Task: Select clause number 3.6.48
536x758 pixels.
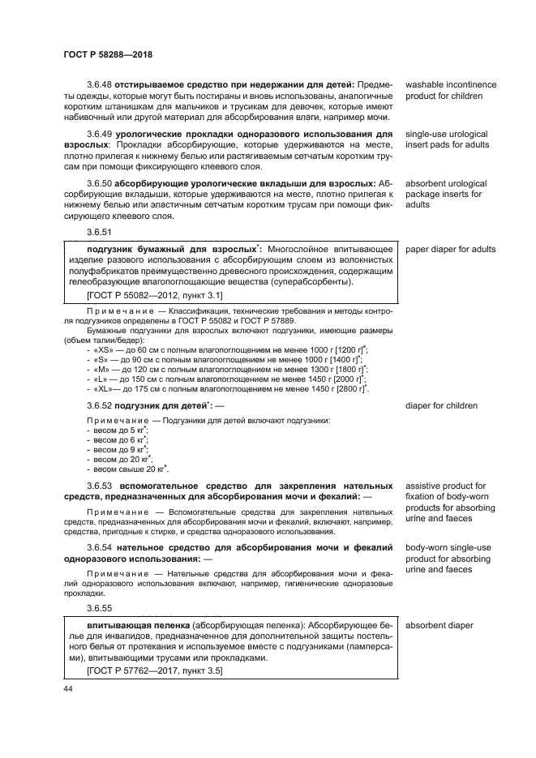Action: coord(100,85)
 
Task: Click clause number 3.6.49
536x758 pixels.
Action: coord(100,133)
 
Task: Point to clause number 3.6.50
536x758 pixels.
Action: coord(100,184)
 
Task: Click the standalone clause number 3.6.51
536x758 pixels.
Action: coord(100,232)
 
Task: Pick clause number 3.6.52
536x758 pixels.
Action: coord(100,405)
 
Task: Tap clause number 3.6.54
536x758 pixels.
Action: coord(100,548)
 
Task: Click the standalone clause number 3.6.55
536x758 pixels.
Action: coord(100,607)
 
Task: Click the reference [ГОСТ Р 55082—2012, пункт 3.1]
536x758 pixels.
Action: coord(149,296)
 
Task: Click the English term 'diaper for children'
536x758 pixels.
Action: coord(442,405)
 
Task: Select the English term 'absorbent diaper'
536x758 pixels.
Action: coord(439,626)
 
